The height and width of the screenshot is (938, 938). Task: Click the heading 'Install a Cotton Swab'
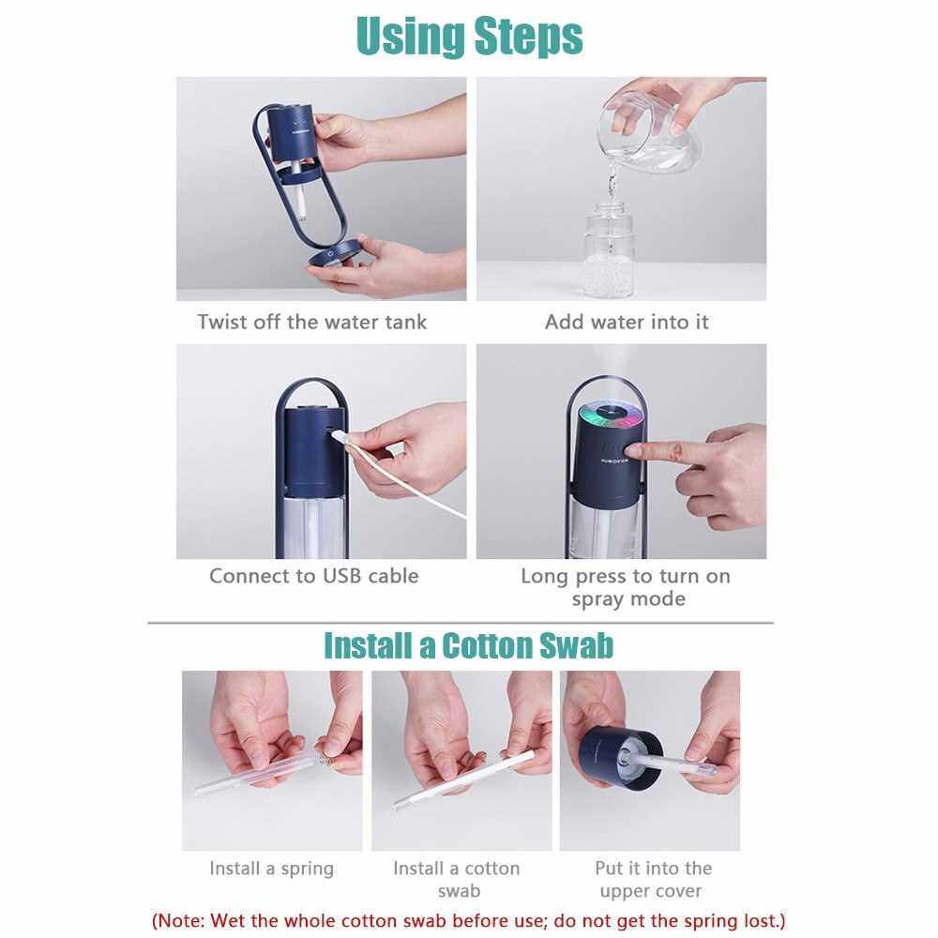click(x=468, y=646)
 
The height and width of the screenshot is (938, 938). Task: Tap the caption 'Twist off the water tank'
click(x=312, y=322)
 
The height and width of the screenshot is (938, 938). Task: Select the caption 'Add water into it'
click(x=627, y=322)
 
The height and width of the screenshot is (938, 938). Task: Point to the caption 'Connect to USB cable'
click(x=314, y=576)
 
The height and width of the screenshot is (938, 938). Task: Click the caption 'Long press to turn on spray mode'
click(x=626, y=587)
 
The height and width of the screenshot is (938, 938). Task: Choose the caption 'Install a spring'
click(x=272, y=869)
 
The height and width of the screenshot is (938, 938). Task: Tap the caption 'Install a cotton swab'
click(x=457, y=880)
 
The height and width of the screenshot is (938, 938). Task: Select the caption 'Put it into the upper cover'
click(x=653, y=880)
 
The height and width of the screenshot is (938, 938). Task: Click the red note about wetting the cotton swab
click(x=468, y=920)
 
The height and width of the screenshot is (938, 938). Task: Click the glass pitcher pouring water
click(x=652, y=129)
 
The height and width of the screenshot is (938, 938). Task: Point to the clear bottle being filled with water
click(x=609, y=251)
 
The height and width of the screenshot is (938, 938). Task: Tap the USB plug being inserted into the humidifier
click(x=340, y=434)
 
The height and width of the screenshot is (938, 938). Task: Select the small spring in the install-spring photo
click(x=323, y=760)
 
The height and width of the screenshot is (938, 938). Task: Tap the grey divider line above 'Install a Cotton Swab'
click(x=461, y=623)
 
